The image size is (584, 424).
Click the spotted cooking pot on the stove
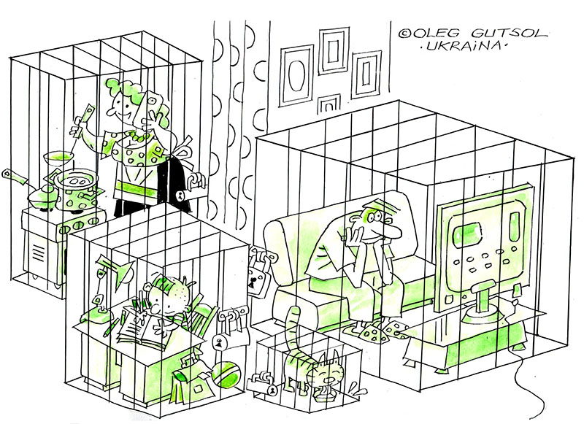point(79,190)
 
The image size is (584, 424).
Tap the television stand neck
point(483,298)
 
